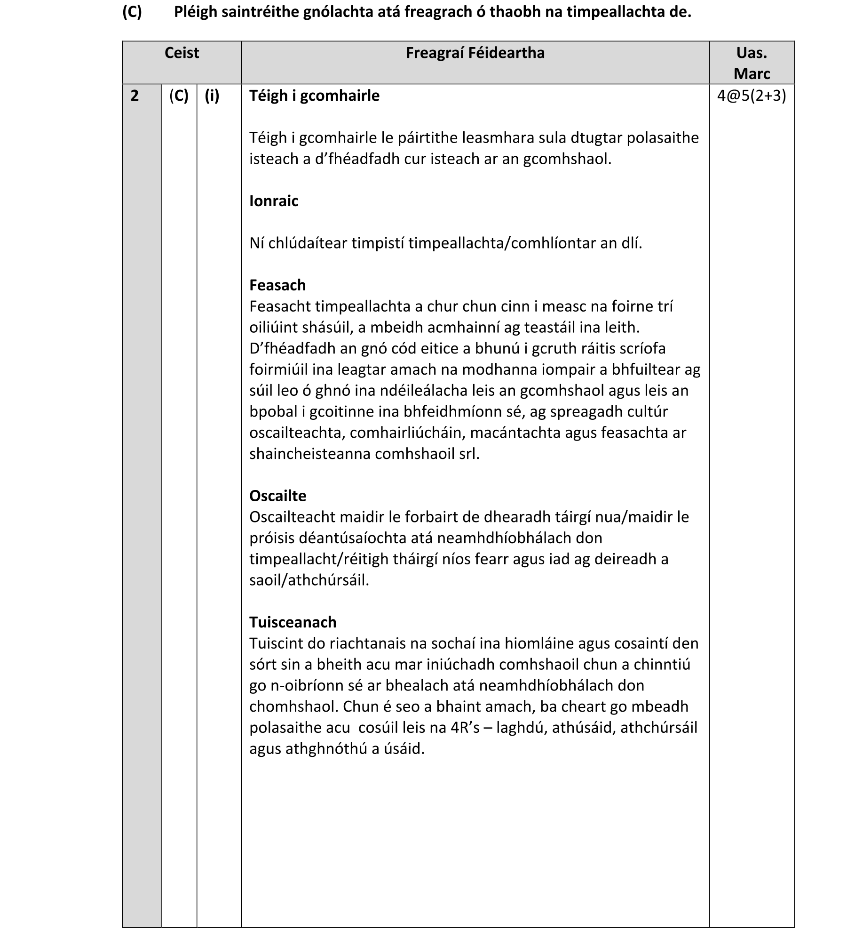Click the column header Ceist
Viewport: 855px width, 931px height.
click(182, 53)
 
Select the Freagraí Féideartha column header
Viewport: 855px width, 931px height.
click(475, 53)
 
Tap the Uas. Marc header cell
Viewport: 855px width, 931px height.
click(752, 63)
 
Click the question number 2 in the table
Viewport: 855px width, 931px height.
click(135, 96)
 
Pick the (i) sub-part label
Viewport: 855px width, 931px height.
click(212, 96)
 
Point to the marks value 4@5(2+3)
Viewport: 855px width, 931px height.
click(752, 96)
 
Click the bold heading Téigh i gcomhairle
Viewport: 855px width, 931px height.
click(314, 96)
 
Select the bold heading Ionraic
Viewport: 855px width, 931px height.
click(274, 201)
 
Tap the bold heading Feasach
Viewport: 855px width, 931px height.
click(277, 285)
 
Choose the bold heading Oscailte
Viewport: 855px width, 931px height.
click(277, 496)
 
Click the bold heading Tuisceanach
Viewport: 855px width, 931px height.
click(293, 622)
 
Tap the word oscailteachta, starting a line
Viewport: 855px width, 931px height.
click(297, 433)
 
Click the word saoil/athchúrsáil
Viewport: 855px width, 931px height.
click(309, 580)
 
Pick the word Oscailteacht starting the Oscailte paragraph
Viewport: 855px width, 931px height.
click(292, 517)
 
